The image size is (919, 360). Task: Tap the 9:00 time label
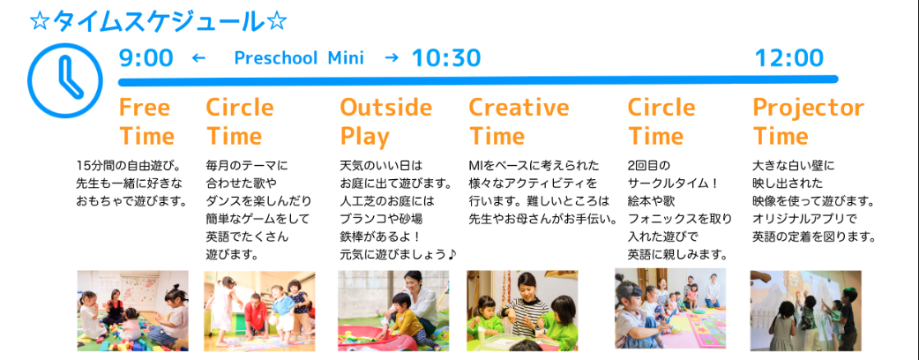tap(146, 58)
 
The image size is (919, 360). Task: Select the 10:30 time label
tap(446, 58)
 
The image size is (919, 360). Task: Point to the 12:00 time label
tap(788, 58)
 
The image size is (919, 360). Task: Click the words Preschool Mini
tap(299, 58)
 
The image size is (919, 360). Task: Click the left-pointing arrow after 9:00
tap(199, 58)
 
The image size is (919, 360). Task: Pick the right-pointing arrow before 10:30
tap(392, 58)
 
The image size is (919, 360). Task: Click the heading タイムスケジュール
tap(158, 22)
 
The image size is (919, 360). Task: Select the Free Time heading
tap(146, 122)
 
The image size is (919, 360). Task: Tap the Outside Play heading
tap(385, 122)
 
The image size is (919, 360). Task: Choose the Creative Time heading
tap(519, 122)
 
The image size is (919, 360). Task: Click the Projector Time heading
tap(808, 122)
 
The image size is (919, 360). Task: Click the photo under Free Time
tap(133, 311)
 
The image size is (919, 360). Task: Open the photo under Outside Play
tap(393, 311)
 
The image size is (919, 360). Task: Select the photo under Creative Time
tap(522, 311)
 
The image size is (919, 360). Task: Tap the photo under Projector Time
tap(806, 311)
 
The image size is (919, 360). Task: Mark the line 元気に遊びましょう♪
tap(398, 255)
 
